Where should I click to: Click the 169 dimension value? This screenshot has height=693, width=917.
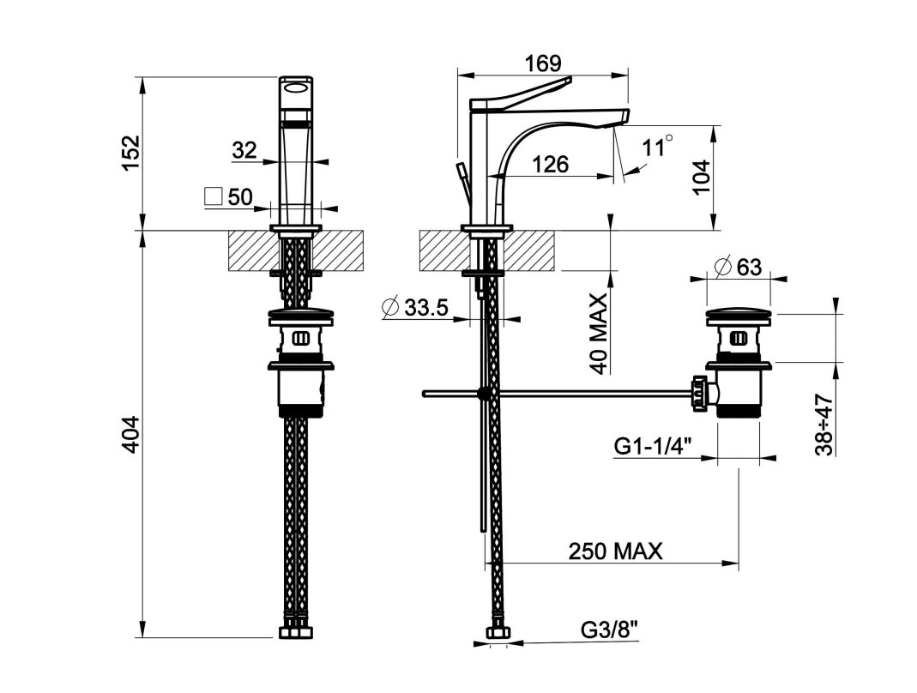coord(542,63)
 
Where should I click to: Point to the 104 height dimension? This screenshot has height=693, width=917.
coord(703,177)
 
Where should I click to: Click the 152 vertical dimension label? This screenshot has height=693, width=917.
coord(130,154)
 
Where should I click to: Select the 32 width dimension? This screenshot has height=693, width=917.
coord(244,150)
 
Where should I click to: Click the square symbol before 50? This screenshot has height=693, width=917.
coord(214,196)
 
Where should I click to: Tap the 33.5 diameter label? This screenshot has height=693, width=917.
coord(426,307)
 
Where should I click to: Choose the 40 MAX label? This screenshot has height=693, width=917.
coord(599,333)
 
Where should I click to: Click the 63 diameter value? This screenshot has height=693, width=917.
coord(748,267)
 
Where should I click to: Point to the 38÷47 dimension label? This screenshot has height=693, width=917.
coord(824,425)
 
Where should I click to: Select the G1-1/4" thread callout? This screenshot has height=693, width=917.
coord(653,446)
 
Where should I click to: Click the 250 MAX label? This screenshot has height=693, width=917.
coord(616,551)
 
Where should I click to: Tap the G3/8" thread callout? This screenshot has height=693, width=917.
coord(610,630)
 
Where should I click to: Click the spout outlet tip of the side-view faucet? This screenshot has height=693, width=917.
coord(624,118)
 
